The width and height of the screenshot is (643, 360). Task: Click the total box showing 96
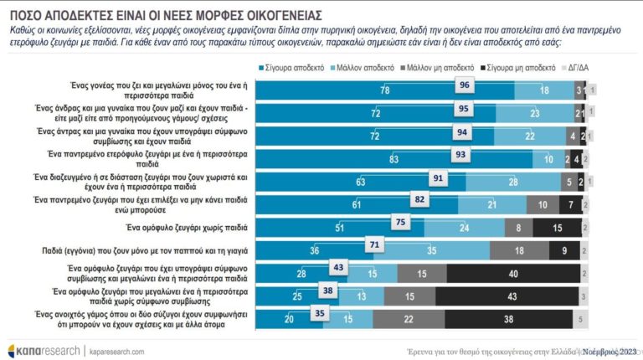pos(464,85)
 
